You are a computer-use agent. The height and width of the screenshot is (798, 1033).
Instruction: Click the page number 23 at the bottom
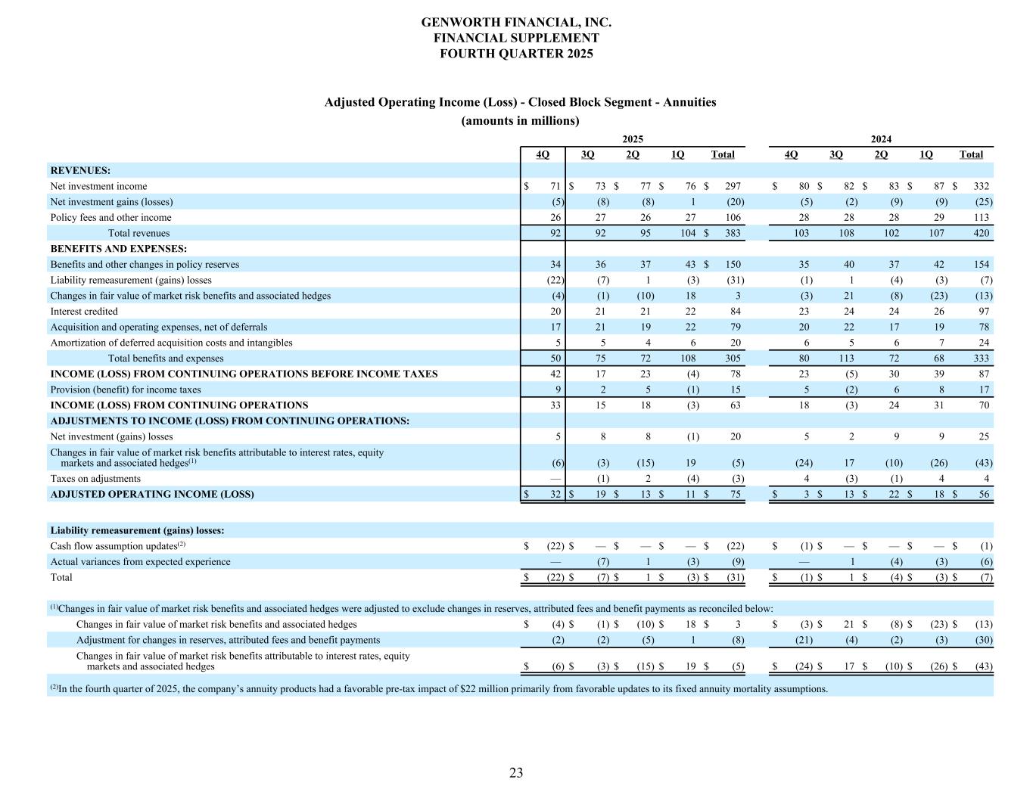pyautogui.click(x=516, y=772)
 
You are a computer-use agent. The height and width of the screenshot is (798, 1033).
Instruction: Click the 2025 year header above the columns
pyautogui.click(x=633, y=139)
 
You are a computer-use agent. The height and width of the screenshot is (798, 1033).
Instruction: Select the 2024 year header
pyautogui.click(x=881, y=139)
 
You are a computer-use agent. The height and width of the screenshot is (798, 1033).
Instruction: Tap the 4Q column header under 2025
pyautogui.click(x=543, y=154)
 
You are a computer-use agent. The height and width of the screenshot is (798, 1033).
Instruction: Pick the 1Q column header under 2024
pyautogui.click(x=926, y=154)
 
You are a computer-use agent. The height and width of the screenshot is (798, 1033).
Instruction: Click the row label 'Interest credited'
pyautogui.click(x=84, y=312)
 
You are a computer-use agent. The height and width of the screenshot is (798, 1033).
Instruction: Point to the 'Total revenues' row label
pyautogui.click(x=138, y=233)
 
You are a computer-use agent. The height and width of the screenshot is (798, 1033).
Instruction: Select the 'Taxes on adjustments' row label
pyautogui.click(x=95, y=479)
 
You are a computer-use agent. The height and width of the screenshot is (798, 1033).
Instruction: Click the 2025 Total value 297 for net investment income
pyautogui.click(x=731, y=186)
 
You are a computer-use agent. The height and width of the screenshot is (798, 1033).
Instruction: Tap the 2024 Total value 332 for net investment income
pyautogui.click(x=981, y=186)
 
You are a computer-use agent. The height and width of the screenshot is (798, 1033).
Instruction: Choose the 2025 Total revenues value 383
pyautogui.click(x=731, y=233)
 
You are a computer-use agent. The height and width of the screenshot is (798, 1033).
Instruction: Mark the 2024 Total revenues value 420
pyautogui.click(x=981, y=233)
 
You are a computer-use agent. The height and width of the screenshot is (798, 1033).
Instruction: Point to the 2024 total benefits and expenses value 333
pyautogui.click(x=981, y=359)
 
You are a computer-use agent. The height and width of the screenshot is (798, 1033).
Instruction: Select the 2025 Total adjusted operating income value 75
pyautogui.click(x=734, y=495)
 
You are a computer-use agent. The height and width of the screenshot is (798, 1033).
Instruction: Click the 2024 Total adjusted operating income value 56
pyautogui.click(x=983, y=495)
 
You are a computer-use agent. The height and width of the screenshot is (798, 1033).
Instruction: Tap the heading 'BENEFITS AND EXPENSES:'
pyautogui.click(x=119, y=249)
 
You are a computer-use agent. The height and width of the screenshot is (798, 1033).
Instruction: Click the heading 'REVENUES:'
pyautogui.click(x=80, y=171)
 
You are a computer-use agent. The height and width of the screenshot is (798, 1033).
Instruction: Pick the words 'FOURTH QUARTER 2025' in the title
pyautogui.click(x=516, y=54)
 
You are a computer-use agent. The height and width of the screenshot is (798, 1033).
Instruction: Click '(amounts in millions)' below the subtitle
pyautogui.click(x=520, y=121)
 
